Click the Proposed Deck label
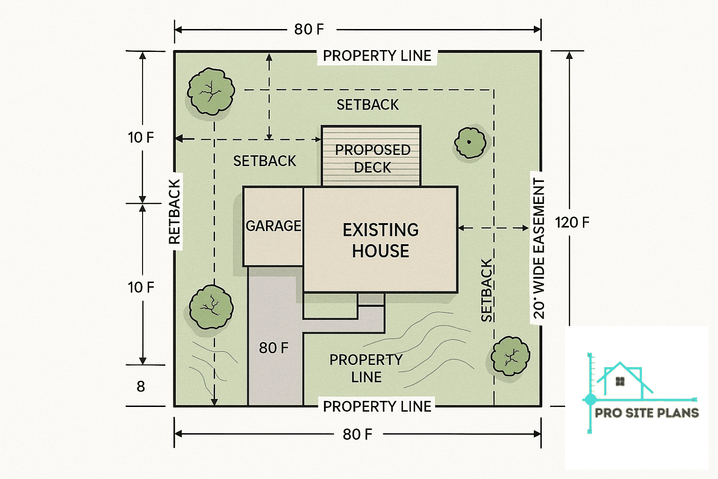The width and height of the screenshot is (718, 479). (x=373, y=159)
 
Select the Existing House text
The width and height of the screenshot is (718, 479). (x=381, y=240)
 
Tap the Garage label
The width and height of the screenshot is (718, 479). (x=273, y=226)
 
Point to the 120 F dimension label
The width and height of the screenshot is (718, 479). (x=572, y=223)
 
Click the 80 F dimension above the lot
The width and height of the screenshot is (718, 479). (x=309, y=29)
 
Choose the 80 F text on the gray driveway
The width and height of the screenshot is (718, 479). (x=273, y=348)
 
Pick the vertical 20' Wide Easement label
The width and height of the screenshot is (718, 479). (x=539, y=248)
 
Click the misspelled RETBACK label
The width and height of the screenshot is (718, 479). (x=174, y=211)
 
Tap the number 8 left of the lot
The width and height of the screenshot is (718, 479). (x=141, y=386)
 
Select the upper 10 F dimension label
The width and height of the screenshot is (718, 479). (x=141, y=138)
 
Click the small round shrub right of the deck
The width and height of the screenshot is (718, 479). (x=470, y=143)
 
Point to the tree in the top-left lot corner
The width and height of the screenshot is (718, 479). (x=211, y=92)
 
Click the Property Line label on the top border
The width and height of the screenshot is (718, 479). (x=377, y=56)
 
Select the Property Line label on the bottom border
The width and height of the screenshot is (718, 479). (x=377, y=406)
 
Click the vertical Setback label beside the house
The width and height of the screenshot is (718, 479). (x=487, y=290)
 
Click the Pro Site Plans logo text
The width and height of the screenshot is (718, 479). (x=646, y=413)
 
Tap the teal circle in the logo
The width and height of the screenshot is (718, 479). (x=590, y=399)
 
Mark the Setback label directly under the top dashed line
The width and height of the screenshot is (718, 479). (x=368, y=105)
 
